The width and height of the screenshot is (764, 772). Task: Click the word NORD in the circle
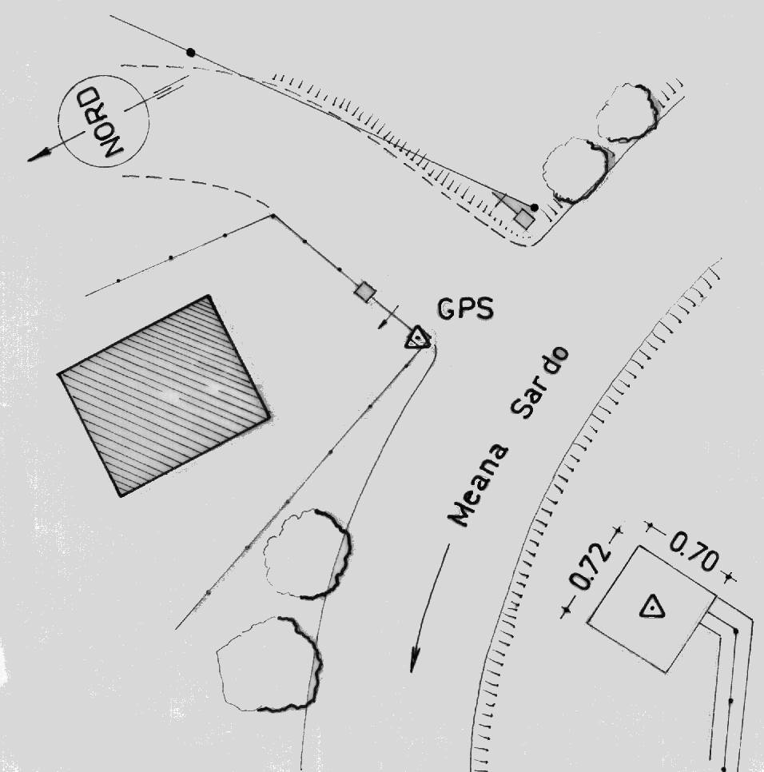point(103,121)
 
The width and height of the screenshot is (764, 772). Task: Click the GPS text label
point(465,308)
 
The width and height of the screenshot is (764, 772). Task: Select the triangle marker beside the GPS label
point(418,339)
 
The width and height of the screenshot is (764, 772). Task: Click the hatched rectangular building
point(164,395)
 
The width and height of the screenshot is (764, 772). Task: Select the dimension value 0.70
point(693,553)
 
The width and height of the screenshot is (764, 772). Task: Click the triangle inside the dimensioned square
point(652,607)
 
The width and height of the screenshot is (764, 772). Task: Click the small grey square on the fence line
point(365,292)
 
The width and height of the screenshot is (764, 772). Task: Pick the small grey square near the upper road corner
point(524,219)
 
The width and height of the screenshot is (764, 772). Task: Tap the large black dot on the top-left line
point(190,52)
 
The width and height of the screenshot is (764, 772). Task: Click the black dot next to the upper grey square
point(535,207)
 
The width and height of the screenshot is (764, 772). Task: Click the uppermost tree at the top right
point(627,113)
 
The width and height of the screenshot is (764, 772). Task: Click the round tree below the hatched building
point(308,554)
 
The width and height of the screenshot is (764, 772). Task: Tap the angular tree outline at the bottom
point(269,663)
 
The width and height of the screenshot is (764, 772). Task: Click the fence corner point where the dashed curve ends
point(273,216)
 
